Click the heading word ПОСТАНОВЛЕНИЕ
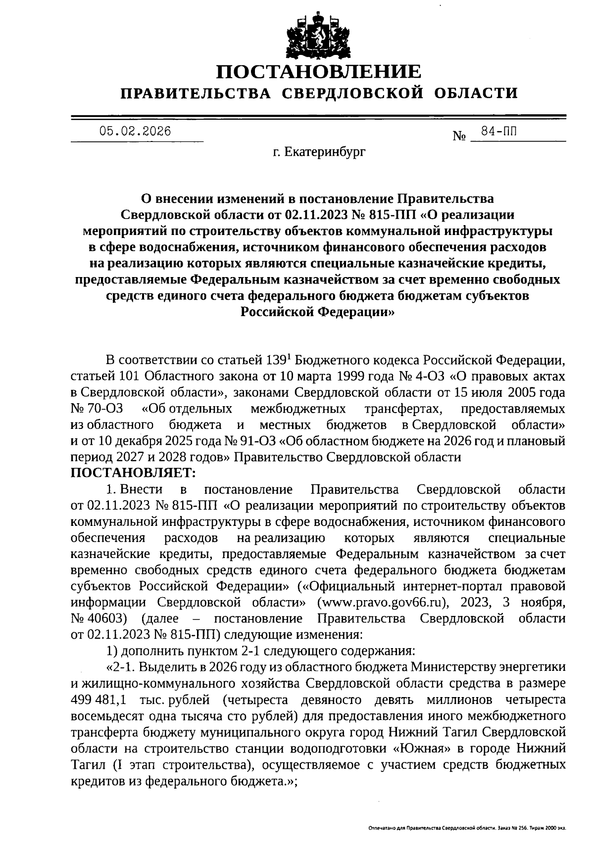(x=319, y=72)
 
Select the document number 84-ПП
(x=498, y=131)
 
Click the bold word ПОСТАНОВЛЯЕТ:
(x=134, y=473)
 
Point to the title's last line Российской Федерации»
(x=317, y=312)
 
